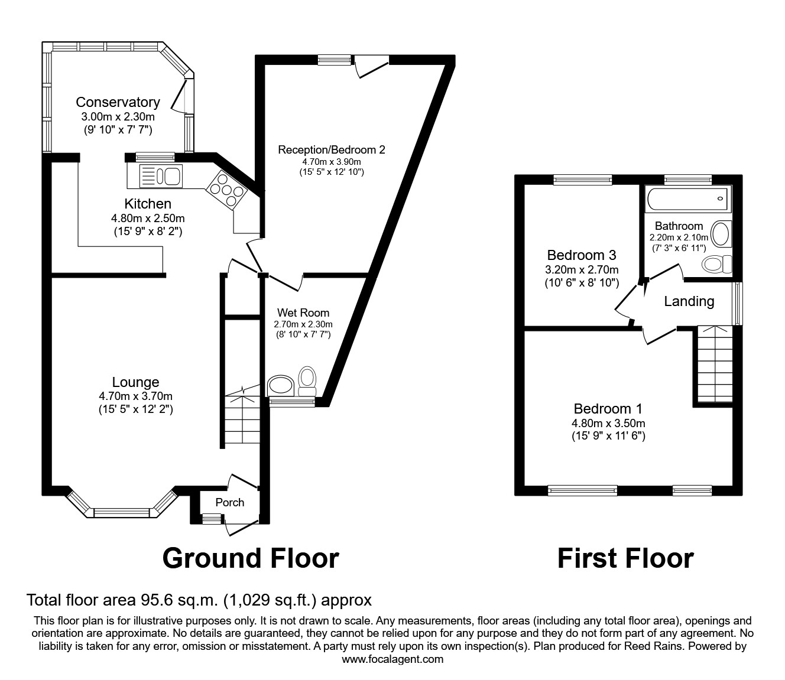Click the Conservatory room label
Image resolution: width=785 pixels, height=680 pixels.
118,102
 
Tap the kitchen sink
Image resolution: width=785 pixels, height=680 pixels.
161,176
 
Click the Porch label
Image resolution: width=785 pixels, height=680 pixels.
230,502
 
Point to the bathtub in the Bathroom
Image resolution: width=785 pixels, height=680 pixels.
688,199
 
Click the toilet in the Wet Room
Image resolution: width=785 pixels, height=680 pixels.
307,381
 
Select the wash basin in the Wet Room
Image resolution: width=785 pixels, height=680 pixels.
281,386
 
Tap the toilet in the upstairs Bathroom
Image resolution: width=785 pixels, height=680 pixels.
716,264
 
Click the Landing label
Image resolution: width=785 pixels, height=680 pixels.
689,301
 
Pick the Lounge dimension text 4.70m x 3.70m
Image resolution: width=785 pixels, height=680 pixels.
135,396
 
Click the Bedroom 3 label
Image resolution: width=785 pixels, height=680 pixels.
582,255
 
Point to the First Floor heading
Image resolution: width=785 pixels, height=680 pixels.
625,558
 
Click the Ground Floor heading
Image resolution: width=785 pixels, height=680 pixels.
251,558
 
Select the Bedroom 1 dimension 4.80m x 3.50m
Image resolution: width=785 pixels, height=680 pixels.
608,423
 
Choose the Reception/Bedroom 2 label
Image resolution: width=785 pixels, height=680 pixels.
332,149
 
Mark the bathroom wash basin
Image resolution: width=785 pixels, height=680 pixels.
721,235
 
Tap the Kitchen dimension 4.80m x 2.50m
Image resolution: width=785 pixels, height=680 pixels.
148,219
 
